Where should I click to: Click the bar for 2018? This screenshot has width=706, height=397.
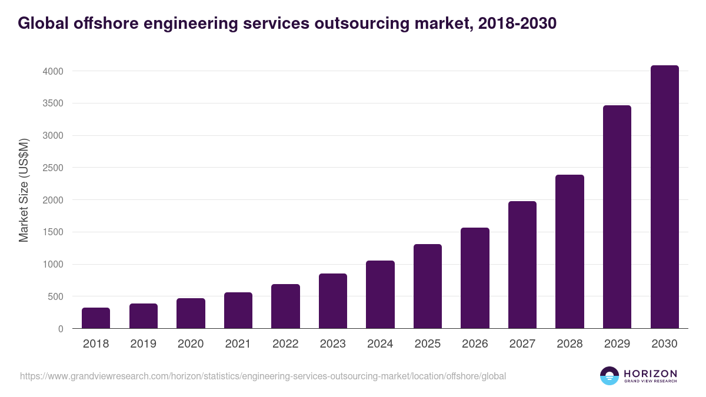[96, 318]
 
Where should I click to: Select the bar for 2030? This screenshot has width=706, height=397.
[664, 197]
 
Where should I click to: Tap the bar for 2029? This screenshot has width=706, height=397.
[617, 217]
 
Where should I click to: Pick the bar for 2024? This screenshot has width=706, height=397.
[380, 295]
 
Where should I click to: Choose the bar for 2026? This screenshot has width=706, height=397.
[475, 278]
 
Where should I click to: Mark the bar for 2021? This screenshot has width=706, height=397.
[238, 311]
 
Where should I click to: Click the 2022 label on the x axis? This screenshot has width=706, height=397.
[285, 344]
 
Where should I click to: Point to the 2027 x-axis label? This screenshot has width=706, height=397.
[522, 344]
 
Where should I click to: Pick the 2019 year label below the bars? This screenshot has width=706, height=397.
[143, 344]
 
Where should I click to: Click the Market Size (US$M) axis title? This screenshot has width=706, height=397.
[24, 191]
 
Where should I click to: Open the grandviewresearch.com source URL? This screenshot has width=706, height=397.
[262, 376]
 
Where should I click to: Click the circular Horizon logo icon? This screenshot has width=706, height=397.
[610, 376]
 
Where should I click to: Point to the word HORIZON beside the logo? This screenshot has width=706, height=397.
[650, 373]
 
